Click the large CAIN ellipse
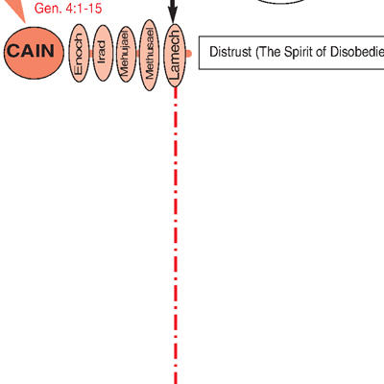[34, 53]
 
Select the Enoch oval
[79, 53]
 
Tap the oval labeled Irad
[103, 53]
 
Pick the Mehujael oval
[126, 54]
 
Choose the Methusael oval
[150, 55]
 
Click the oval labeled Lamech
[175, 55]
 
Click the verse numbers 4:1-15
[84, 9]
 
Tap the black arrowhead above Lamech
[173, 15]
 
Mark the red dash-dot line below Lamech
[176, 235]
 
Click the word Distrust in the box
[230, 52]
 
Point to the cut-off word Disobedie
[357, 52]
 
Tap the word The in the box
[270, 52]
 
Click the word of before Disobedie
[322, 52]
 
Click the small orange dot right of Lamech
[189, 54]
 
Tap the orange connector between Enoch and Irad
[91, 53]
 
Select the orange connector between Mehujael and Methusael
[138, 54]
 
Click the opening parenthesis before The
[256, 53]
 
